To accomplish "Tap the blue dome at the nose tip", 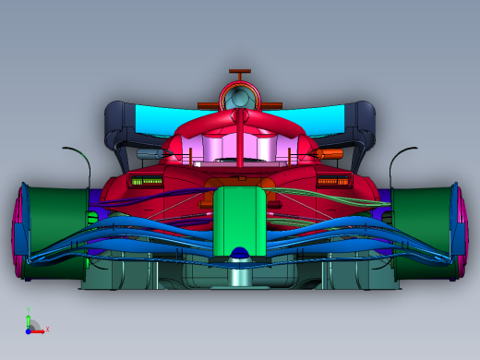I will pyautogui.click(x=240, y=253).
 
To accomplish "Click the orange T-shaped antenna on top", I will pyautogui.click(x=240, y=73).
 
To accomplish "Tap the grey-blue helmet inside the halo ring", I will pyautogui.click(x=240, y=96).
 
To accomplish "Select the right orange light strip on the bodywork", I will pyautogui.click(x=332, y=182).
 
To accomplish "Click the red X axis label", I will pyautogui.click(x=47, y=329).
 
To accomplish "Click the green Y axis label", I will pyautogui.click(x=28, y=310).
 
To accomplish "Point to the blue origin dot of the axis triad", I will pyautogui.click(x=30, y=330).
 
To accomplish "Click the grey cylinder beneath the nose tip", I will pyautogui.click(x=240, y=274).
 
